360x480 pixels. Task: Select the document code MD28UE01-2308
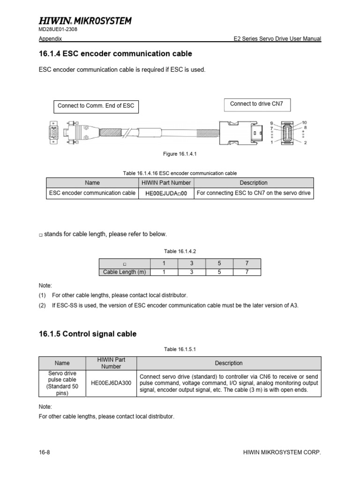(58, 29)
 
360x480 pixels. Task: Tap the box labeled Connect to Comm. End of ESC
(96, 105)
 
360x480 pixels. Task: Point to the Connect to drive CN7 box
(256, 104)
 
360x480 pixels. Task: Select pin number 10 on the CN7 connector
(304, 122)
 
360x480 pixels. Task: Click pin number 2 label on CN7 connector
(305, 142)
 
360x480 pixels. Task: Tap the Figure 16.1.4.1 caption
(180, 154)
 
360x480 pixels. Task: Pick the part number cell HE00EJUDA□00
(166, 193)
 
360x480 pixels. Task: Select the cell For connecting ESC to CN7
(254, 193)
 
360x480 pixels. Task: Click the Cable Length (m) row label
(124, 272)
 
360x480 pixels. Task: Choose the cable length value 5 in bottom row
(219, 272)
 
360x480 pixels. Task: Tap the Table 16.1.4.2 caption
(180, 251)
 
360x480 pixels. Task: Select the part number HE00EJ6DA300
(112, 383)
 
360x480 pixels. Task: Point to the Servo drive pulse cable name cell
(62, 383)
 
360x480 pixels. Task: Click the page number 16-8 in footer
(44, 452)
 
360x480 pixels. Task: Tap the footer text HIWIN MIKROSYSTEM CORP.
(282, 452)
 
